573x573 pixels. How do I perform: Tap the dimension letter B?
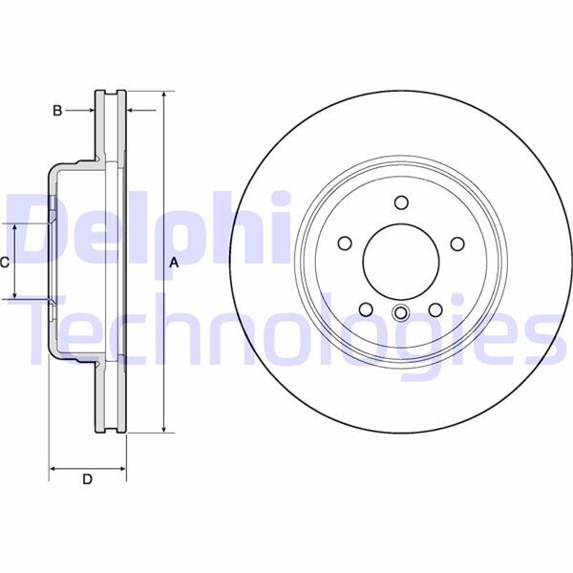[x=57, y=111]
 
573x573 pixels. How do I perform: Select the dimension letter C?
[x=6, y=262]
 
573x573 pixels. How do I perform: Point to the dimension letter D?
[x=87, y=479]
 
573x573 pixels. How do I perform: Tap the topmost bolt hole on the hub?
[x=400, y=202]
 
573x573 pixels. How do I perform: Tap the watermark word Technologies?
[x=286, y=329]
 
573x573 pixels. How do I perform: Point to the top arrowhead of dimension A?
[x=164, y=96]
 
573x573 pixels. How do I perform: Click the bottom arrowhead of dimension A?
[x=164, y=428]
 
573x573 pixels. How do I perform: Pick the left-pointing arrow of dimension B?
[x=133, y=111]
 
